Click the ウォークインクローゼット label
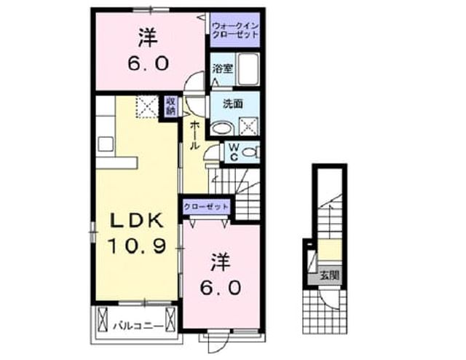point(234,30)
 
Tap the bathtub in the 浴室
point(248,69)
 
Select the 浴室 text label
point(222,69)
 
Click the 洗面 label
point(233,103)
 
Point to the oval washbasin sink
point(222,128)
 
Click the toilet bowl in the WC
point(250,152)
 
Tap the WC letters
point(234,152)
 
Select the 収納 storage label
point(171,106)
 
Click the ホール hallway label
point(194,136)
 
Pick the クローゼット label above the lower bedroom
point(206,207)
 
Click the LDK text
point(137,221)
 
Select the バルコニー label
point(138,326)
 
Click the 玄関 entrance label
point(329,275)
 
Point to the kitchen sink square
point(106,144)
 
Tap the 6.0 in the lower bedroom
point(220,288)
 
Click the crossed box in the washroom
point(249,126)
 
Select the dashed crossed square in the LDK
point(147,107)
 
